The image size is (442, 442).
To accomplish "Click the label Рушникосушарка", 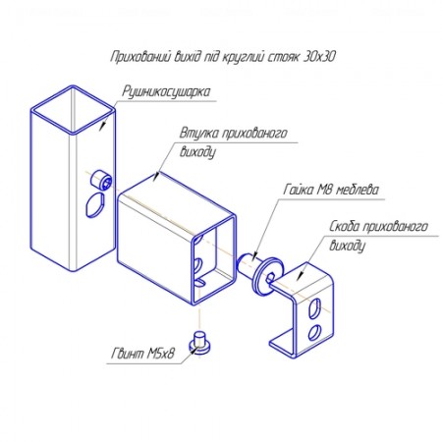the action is click(166, 92).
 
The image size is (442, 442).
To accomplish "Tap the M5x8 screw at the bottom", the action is click(199, 342).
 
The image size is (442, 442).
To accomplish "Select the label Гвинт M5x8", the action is click(142, 354).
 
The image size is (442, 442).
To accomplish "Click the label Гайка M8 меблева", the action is click(331, 190).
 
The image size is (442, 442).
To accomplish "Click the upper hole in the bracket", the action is click(315, 308).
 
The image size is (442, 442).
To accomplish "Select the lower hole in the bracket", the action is click(314, 332).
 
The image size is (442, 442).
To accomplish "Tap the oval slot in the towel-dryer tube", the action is click(95, 205).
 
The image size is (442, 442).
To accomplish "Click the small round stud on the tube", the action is click(101, 180).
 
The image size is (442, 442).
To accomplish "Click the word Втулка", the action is click(198, 134).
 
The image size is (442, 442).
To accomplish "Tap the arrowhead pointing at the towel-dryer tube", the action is click(103, 125).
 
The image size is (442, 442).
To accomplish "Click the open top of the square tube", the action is click(73, 110).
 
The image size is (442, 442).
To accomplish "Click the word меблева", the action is click(358, 190).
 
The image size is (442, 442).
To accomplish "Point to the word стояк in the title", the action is click(284, 57).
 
